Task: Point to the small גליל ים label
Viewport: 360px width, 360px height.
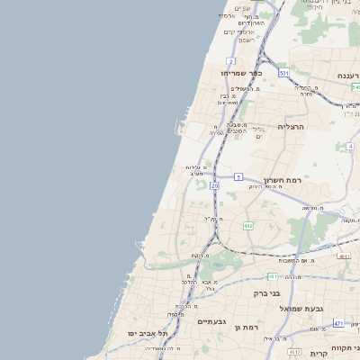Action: tap(258, 132)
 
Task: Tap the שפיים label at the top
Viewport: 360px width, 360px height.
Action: tap(242, 7)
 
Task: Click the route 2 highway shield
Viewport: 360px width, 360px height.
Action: tap(230, 61)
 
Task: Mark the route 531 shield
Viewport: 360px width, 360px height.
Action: tap(283, 72)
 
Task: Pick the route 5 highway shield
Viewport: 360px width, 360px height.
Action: tap(238, 177)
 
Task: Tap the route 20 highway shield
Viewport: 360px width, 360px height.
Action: tap(214, 185)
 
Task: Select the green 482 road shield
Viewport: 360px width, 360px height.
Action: tap(247, 226)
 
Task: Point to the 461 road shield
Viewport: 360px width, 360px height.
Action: tap(273, 276)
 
